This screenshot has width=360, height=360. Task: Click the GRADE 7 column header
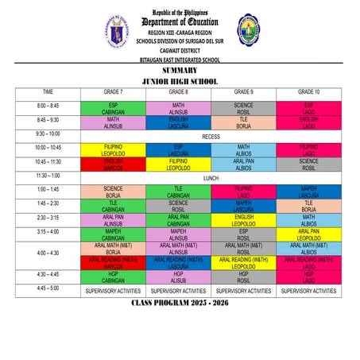[x=113, y=92]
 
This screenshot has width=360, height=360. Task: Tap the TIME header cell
[x=48, y=92]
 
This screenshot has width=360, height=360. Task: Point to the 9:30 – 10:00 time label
[x=48, y=134]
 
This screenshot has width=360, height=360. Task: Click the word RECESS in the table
[x=211, y=136]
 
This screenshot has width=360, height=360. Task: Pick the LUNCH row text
[x=211, y=177]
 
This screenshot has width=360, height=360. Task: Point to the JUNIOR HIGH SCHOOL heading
[x=180, y=81]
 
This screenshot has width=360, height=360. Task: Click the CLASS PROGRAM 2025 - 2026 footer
[x=180, y=304]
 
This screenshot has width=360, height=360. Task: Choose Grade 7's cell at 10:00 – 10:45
[x=113, y=150]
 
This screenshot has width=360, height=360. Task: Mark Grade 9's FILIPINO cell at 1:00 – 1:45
[x=243, y=192]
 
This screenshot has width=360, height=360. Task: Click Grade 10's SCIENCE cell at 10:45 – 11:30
[x=309, y=164]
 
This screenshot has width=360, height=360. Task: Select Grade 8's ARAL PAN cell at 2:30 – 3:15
[x=178, y=220]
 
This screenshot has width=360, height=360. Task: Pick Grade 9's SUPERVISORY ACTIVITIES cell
[x=243, y=292]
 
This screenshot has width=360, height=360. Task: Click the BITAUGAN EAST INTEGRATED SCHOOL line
[x=180, y=59]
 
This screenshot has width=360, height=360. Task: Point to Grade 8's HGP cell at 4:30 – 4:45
[x=178, y=277]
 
